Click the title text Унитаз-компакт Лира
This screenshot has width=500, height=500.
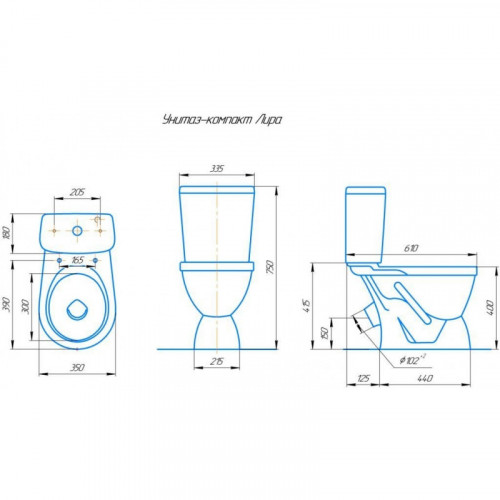tap(222, 119)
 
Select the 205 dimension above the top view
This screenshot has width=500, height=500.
tap(77, 192)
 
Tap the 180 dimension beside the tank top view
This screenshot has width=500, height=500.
tap(6, 232)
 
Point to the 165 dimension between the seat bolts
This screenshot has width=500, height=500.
tap(77, 260)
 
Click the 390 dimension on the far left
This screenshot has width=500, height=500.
tap(7, 304)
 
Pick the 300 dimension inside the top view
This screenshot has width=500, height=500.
tap(26, 306)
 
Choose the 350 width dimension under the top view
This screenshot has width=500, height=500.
tap(77, 367)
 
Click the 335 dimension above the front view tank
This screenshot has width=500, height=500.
tap(217, 169)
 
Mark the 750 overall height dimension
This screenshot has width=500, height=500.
tap(271, 267)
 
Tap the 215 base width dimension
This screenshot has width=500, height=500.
tap(217, 361)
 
